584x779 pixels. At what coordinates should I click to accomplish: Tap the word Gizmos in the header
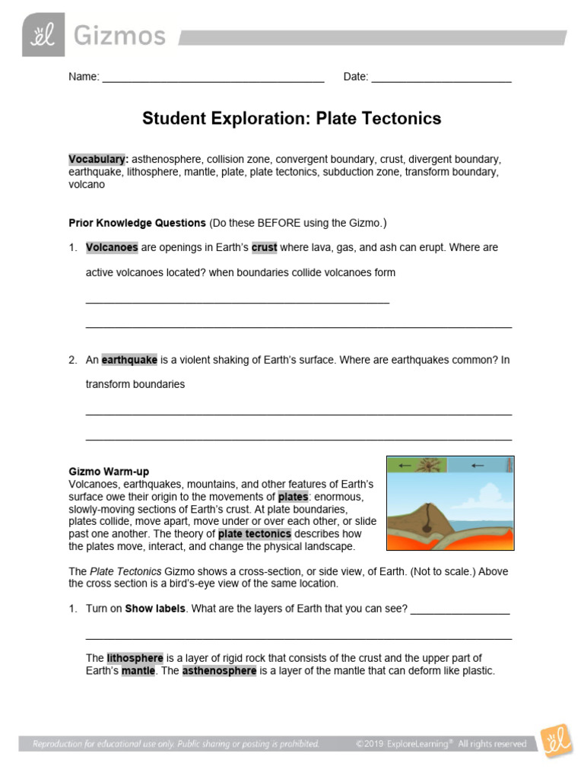[119, 35]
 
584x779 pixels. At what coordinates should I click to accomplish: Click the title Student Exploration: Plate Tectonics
[292, 119]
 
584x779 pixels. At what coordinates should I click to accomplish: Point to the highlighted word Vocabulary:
[98, 159]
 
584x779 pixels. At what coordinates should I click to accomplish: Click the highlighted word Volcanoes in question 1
[112, 247]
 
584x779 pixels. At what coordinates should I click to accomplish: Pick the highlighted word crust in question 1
[265, 247]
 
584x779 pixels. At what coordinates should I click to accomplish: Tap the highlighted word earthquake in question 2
[129, 360]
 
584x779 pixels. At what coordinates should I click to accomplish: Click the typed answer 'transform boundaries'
[135, 384]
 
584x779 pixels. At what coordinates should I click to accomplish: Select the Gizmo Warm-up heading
[109, 472]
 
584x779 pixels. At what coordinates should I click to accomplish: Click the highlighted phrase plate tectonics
[254, 534]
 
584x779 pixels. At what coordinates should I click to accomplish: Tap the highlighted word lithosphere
[135, 658]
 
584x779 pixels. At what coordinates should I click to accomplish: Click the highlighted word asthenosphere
[219, 671]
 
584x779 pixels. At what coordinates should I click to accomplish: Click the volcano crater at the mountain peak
[430, 507]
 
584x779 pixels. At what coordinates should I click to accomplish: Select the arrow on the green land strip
[405, 465]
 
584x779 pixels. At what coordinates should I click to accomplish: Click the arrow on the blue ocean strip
[478, 465]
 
